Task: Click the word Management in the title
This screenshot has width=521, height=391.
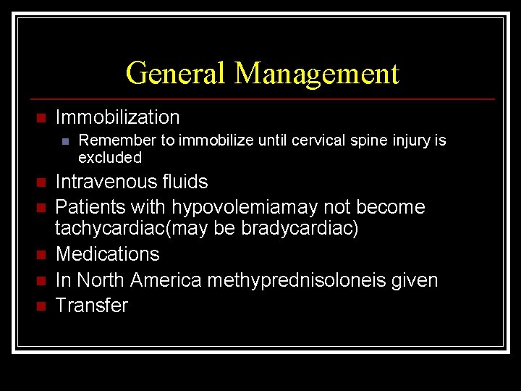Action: pyautogui.click(x=316, y=73)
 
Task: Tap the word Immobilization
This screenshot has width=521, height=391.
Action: pyautogui.click(x=117, y=117)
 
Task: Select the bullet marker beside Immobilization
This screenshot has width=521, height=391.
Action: pyautogui.click(x=41, y=118)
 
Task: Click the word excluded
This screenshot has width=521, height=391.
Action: pyautogui.click(x=109, y=158)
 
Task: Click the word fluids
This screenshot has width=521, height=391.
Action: pyautogui.click(x=184, y=182)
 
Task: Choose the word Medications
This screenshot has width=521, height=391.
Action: pyautogui.click(x=107, y=254)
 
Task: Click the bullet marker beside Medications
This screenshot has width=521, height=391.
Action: pyautogui.click(x=41, y=255)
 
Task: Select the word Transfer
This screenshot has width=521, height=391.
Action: pyautogui.click(x=91, y=305)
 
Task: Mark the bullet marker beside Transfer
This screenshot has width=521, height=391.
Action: pyautogui.click(x=41, y=306)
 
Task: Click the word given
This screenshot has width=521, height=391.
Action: pyautogui.click(x=415, y=280)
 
